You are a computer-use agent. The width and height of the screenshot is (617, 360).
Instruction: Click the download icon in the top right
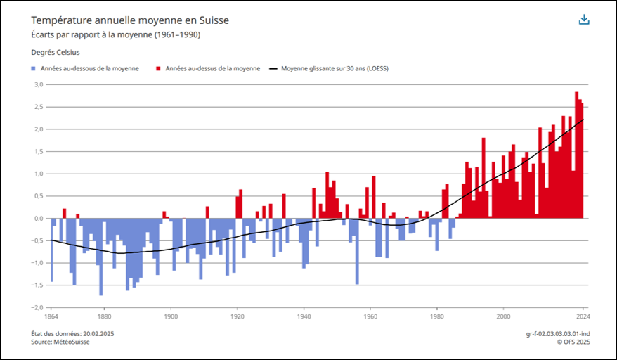(584, 20)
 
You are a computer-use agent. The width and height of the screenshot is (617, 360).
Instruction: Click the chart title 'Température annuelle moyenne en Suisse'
(130, 20)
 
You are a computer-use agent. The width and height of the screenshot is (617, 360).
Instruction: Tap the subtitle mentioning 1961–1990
(120, 34)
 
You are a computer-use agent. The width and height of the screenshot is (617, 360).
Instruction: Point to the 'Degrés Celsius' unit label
(56, 52)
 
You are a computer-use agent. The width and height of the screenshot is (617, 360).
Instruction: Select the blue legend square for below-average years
(34, 69)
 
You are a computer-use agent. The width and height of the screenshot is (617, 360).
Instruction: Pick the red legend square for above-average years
(160, 69)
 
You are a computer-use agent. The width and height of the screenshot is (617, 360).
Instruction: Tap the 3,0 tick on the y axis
(39, 84)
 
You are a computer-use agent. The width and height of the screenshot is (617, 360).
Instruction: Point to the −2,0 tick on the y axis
(37, 307)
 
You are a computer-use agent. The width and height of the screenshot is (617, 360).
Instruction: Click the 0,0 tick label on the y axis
(39, 218)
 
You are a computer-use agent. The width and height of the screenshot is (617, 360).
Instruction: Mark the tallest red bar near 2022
(576, 155)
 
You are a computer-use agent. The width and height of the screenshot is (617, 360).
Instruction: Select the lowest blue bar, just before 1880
(101, 257)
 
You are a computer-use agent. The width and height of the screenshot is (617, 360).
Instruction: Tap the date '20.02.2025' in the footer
(98, 333)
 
